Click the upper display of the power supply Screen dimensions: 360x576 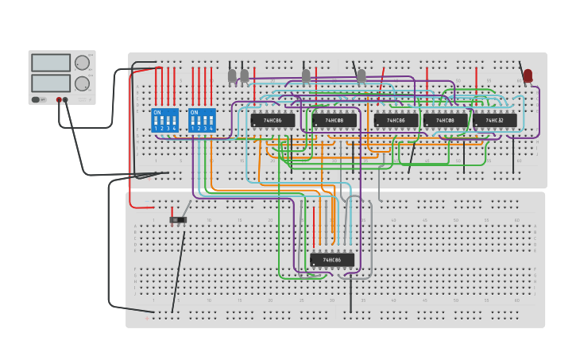pos(51,63)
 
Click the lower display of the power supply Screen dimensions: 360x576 pos(51,83)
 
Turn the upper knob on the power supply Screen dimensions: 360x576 pos(82,63)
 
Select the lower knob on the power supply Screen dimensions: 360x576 pos(82,83)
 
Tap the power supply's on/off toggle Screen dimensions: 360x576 pos(36,99)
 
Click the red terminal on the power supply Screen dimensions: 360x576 pos(59,100)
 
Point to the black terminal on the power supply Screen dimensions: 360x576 pos(65,100)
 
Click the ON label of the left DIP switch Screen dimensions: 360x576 pos(157,112)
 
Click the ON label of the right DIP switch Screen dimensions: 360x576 pos(194,112)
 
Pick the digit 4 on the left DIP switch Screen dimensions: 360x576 pos(174,128)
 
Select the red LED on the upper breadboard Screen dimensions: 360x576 pos(528,75)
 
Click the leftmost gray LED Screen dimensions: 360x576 pos(232,75)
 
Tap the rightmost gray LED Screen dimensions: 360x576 pos(361,75)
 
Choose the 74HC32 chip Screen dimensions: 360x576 pos(495,121)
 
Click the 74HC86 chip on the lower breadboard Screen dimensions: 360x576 pos(332,260)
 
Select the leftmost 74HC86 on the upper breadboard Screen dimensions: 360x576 pos(273,121)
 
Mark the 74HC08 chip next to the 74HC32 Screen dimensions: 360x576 pos(445,121)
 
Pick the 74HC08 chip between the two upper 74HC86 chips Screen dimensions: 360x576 pos(334,121)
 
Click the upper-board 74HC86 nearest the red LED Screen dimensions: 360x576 pos(396,121)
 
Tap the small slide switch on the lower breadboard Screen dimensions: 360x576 pos(178,219)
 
